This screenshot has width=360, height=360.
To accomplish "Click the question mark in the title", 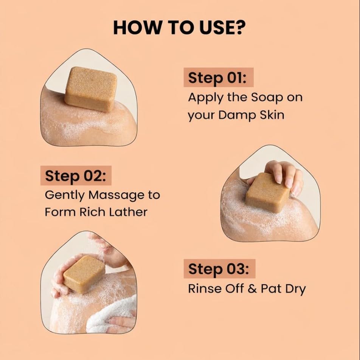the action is (240, 28).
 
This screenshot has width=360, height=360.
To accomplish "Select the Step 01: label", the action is (217, 78).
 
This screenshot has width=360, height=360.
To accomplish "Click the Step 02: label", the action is (76, 176).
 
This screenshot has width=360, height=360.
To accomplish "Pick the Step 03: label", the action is (219, 269).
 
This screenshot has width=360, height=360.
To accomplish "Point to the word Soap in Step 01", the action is (267, 98).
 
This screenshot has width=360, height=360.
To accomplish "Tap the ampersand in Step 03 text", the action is (252, 289).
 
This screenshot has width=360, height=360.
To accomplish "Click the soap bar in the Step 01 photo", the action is (91, 89).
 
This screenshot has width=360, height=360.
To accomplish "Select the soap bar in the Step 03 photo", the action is (84, 274).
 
